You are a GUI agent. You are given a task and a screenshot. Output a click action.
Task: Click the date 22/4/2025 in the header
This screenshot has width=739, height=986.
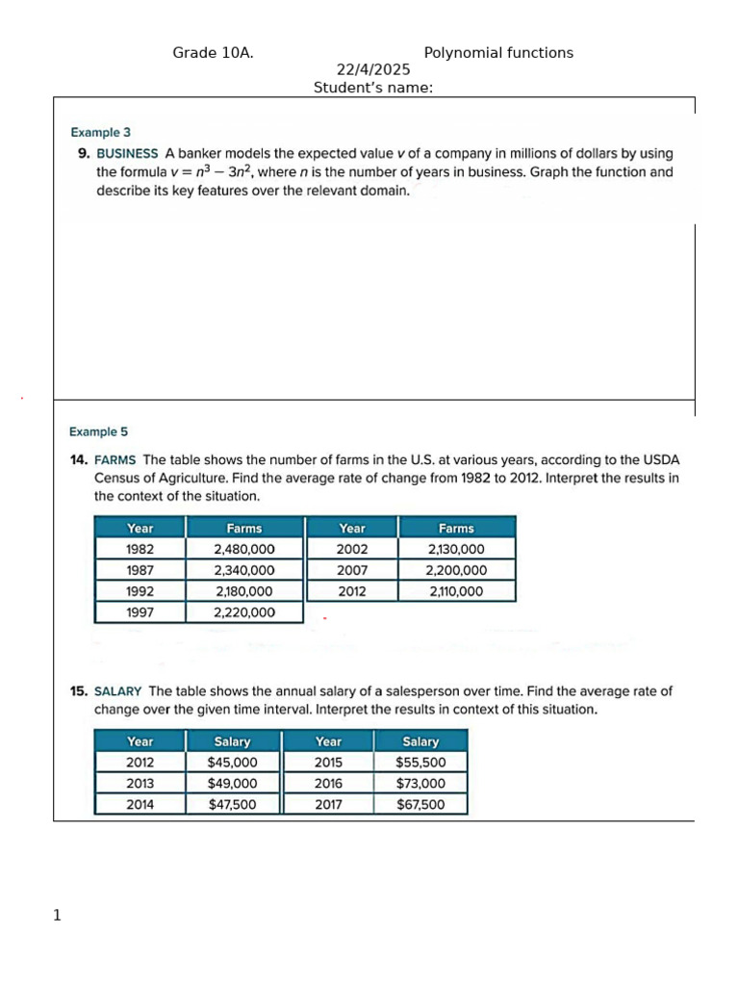pyautogui.click(x=373, y=70)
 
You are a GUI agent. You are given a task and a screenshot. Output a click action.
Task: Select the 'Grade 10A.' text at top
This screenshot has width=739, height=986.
pyautogui.click(x=213, y=53)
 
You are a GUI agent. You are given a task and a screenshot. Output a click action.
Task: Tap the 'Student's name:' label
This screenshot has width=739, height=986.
pyautogui.click(x=373, y=89)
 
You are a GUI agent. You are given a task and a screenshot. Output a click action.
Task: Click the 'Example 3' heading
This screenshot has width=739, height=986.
pyautogui.click(x=101, y=133)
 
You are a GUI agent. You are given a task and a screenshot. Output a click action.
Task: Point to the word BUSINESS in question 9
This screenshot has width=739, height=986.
pyautogui.click(x=127, y=153)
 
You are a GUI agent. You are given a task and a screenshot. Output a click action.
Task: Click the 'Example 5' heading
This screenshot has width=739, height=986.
pyautogui.click(x=98, y=432)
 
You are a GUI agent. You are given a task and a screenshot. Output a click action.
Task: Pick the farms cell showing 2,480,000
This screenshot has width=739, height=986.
pyautogui.click(x=244, y=549)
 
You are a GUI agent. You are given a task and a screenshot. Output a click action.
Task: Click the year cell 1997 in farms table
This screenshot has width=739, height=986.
pyautogui.click(x=140, y=612)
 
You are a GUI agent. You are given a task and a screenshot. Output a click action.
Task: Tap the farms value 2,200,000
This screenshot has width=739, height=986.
pyautogui.click(x=456, y=570)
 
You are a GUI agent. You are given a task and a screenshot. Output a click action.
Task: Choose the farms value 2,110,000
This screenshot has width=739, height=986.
pyautogui.click(x=456, y=591)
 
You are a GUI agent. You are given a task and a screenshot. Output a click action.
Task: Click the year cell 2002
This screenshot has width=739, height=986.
pyautogui.click(x=352, y=549)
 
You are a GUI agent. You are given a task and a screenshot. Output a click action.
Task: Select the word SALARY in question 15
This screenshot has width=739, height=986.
pyautogui.click(x=119, y=690)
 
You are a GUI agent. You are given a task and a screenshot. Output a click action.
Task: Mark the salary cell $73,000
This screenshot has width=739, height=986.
pyautogui.click(x=420, y=784)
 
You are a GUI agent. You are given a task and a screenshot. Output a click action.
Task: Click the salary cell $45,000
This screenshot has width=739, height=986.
pyautogui.click(x=233, y=763)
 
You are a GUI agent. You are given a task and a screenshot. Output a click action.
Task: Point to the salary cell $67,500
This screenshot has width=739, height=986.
pyautogui.click(x=420, y=804)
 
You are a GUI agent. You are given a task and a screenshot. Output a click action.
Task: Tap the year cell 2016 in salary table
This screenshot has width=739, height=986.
pyautogui.click(x=328, y=784)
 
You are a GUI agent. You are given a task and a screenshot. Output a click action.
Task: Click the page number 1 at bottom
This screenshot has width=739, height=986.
pyautogui.click(x=57, y=916)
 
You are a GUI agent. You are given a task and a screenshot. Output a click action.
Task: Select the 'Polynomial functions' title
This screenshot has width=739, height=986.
pyautogui.click(x=498, y=53)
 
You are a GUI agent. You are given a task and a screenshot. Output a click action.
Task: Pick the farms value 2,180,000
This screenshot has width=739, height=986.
pyautogui.click(x=244, y=591)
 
